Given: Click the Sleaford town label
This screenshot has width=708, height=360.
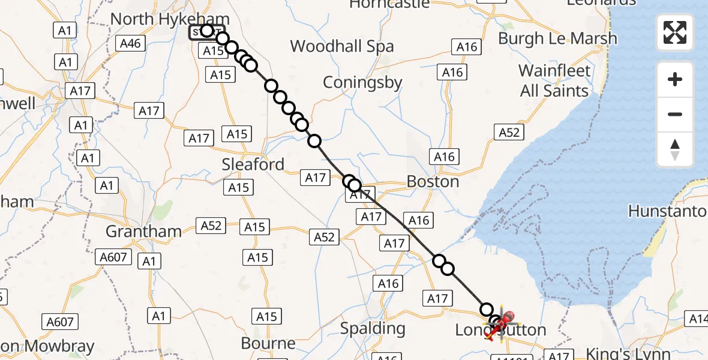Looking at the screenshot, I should pyautogui.click(x=253, y=164).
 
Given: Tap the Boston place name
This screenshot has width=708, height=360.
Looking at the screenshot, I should pyautogui.click(x=433, y=181).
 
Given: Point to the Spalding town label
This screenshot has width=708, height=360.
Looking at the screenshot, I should pyautogui.click(x=373, y=328).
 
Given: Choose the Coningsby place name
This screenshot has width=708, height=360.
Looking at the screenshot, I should pyautogui.click(x=362, y=82).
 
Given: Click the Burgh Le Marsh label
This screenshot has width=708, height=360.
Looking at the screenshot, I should pyautogui.click(x=557, y=38).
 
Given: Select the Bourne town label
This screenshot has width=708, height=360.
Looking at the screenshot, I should pyautogui.click(x=268, y=344).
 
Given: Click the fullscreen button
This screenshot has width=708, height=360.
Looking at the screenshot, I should pyautogui.click(x=675, y=32).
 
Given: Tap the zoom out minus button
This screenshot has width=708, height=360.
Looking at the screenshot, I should pyautogui.click(x=675, y=114).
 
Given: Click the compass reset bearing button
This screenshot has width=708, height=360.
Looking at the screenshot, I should pyautogui.click(x=675, y=149).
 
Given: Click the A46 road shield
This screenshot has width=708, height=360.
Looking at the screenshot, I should pyautogui.click(x=131, y=43).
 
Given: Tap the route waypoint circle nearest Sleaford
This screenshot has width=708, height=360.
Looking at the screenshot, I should pyautogui.click(x=314, y=141).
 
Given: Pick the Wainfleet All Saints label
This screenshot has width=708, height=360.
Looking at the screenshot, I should pyautogui.click(x=554, y=81).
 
